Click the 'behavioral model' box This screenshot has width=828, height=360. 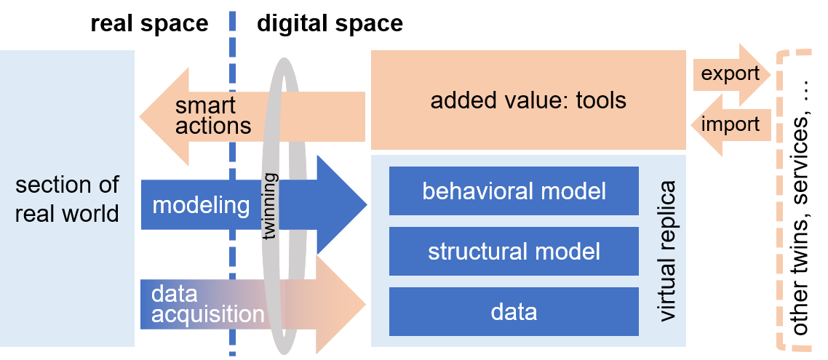[x=514, y=191]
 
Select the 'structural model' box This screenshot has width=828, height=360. [x=514, y=252]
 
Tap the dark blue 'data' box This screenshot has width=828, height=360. [x=514, y=312]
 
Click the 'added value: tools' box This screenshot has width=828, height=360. [x=528, y=100]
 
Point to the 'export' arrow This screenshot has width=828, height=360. [x=731, y=74]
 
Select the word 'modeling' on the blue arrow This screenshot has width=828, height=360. [x=201, y=205]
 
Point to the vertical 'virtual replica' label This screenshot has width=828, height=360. [x=666, y=252]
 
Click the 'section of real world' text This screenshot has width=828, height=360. [x=67, y=199]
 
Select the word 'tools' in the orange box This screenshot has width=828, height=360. [x=600, y=100]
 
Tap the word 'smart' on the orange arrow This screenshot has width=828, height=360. [x=205, y=105]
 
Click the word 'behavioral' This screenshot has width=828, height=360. [x=477, y=191]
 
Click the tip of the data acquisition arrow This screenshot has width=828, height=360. [x=363, y=303]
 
